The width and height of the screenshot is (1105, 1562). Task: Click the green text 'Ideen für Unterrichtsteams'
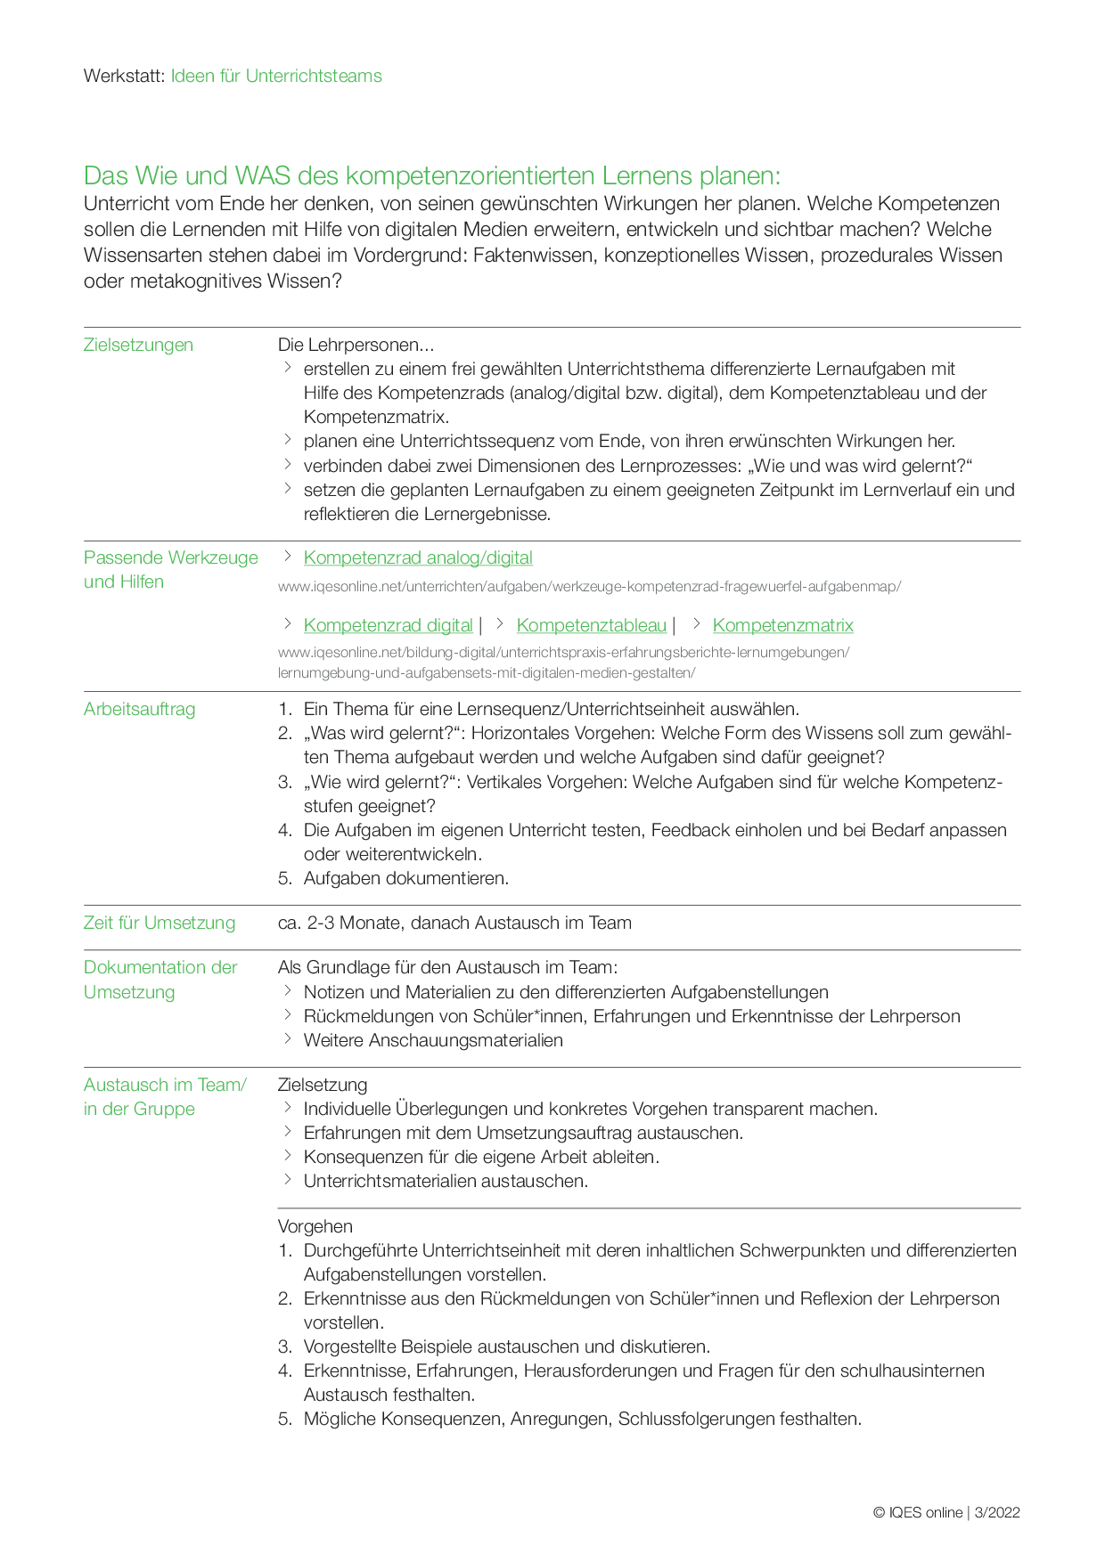pos(276,77)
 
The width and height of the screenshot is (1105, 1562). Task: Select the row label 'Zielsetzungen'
pos(138,346)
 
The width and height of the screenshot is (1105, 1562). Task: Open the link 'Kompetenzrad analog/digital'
pos(418,558)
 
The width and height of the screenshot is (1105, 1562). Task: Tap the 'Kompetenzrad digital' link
pos(388,626)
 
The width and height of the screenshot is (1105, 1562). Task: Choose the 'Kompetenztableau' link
pos(591,626)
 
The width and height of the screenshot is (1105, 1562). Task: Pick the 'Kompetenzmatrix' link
pos(782,626)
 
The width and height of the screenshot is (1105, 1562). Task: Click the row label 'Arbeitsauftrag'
pos(139,710)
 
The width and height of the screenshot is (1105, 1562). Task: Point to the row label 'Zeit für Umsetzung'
pos(160,923)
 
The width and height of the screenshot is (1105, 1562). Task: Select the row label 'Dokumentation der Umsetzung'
pos(160,980)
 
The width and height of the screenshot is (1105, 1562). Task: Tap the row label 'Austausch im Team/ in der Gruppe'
pos(165,1097)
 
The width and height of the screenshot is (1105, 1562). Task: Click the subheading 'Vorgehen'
pos(315,1227)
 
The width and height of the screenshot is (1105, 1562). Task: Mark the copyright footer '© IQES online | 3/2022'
pos(946,1513)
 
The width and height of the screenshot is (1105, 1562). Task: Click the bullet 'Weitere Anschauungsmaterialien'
pos(433,1041)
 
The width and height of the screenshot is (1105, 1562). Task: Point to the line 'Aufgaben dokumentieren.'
pos(406,879)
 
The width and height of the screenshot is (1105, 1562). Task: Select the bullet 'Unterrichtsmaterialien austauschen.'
pos(446,1182)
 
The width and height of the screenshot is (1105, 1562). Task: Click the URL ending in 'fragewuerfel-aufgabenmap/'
pos(589,587)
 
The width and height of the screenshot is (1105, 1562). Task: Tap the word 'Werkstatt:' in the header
pos(124,77)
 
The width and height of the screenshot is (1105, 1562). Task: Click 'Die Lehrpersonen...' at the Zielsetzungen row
pos(356,346)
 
